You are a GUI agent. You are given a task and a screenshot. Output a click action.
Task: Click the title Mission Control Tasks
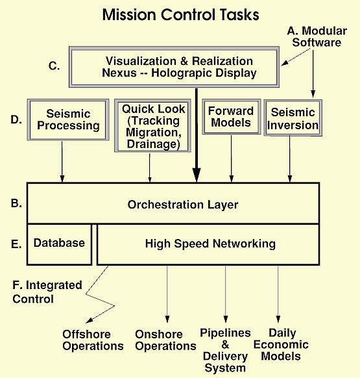[180, 15]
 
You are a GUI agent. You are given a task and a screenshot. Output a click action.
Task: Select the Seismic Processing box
[68, 120]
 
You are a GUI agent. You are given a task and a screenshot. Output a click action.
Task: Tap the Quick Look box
[152, 125]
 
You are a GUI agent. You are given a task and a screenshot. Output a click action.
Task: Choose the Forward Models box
[231, 117]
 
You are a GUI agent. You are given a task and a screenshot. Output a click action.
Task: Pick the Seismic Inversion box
[293, 118]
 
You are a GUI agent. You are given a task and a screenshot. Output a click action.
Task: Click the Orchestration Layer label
[183, 205]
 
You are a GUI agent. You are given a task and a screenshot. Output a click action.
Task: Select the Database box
[59, 244]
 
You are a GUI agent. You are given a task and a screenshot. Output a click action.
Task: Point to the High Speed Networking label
[210, 244]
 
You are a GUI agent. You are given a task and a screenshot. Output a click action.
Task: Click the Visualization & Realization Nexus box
[174, 67]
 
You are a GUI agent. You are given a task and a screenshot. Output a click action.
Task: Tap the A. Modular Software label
[317, 36]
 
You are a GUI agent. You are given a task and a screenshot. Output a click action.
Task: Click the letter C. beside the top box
[54, 66]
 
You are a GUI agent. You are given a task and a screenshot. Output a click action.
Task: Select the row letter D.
[16, 120]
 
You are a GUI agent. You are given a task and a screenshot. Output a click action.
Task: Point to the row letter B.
[16, 203]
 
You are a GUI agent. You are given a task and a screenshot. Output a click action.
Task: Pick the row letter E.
[16, 244]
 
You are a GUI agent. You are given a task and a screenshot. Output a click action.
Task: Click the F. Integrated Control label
[47, 292]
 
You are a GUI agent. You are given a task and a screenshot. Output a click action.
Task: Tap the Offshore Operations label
[93, 340]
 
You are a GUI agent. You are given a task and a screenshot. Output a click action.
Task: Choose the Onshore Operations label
[165, 340]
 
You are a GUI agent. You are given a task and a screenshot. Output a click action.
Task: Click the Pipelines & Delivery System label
[225, 350]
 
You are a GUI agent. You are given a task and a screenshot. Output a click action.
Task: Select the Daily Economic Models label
[281, 344]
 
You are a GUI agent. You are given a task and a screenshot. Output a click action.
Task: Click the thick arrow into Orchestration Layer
[197, 136]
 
